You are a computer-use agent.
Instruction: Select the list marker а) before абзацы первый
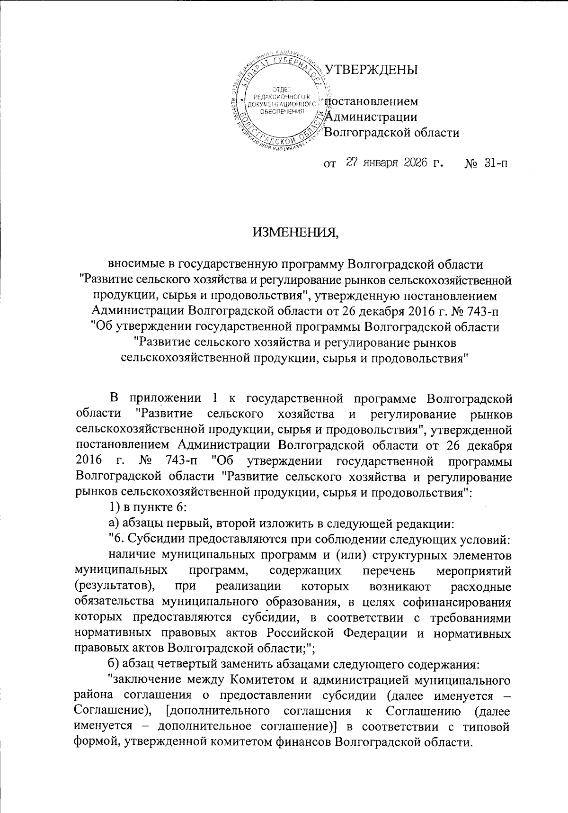(114, 524)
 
